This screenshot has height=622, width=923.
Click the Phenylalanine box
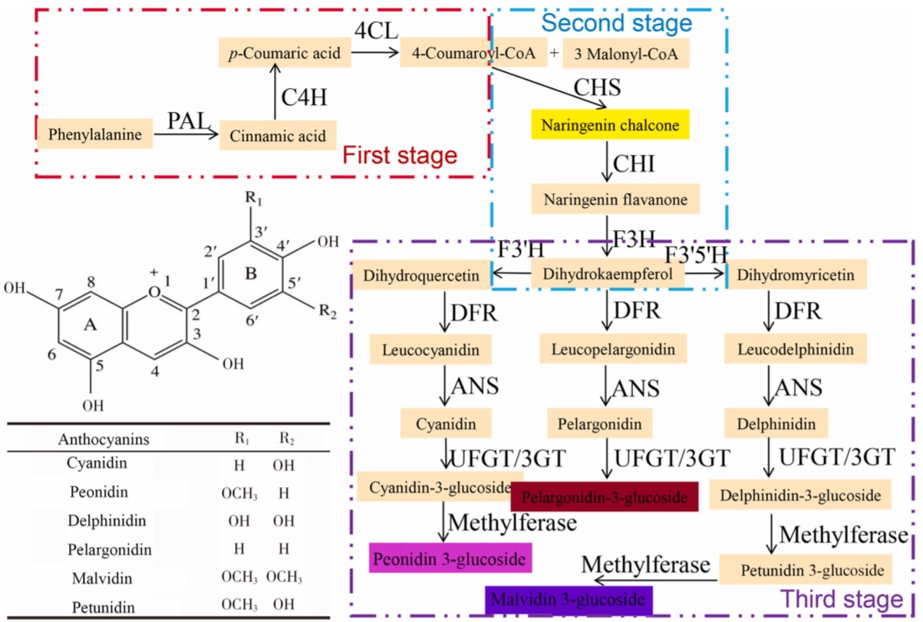pyautogui.click(x=95, y=135)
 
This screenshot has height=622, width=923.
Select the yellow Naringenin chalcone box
pyautogui.click(x=611, y=123)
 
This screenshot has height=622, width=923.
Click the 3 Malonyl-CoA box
pyautogui.click(x=621, y=54)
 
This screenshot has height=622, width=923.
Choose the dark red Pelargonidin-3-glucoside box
pyautogui.click(x=604, y=496)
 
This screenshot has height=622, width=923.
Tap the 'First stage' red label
pyautogui.click(x=400, y=156)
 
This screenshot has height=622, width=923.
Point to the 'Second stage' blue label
pyautogui.click(x=617, y=23)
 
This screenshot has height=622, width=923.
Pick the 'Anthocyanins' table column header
pyautogui.click(x=103, y=440)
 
